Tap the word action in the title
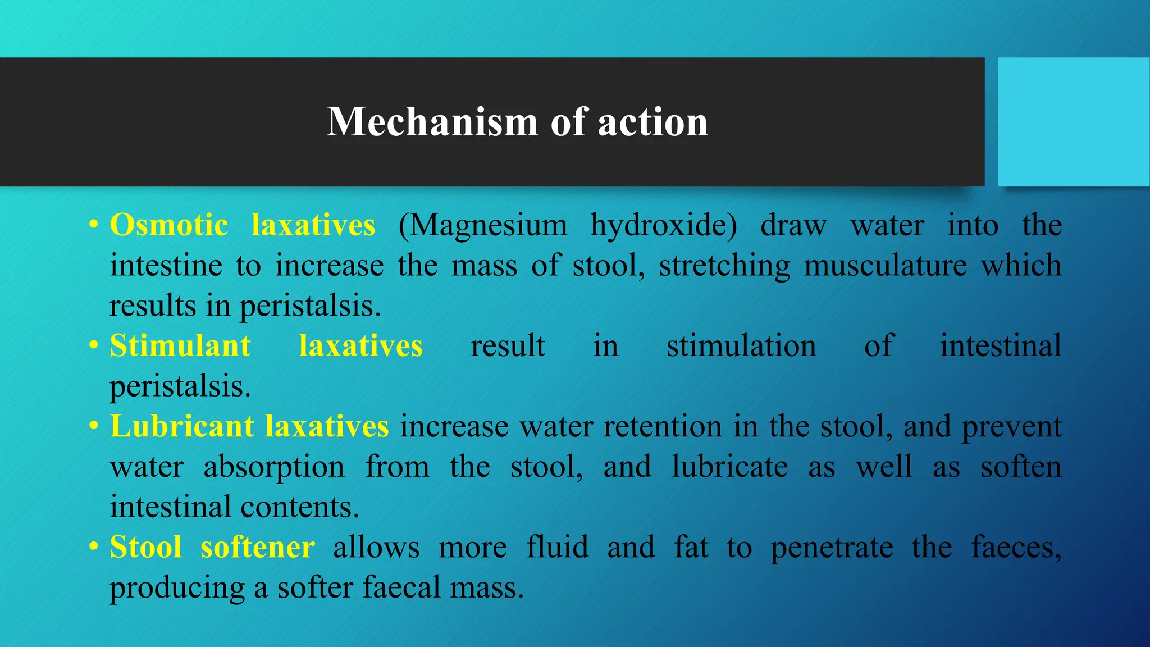[x=652, y=122]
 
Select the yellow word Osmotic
[x=168, y=225]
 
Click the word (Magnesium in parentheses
[x=483, y=225]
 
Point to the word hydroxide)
[x=664, y=225]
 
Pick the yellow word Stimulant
[x=180, y=345]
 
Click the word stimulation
[x=741, y=345]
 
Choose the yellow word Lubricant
[x=182, y=426]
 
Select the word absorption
[x=274, y=467]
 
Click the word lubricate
[x=730, y=467]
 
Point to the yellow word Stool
[x=146, y=547]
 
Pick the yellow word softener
[x=257, y=547]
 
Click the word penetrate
[x=832, y=547]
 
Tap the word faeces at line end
[x=1015, y=547]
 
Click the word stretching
[x=724, y=265]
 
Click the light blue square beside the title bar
[x=1074, y=122]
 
